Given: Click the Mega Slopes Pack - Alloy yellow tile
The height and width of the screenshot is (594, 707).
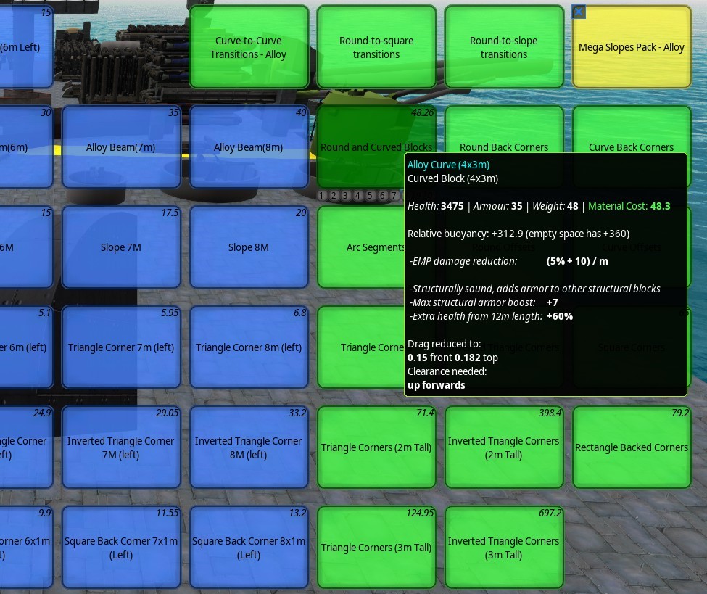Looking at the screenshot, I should point(631,47).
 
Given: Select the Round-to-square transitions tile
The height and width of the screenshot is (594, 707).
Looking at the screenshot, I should point(376,47).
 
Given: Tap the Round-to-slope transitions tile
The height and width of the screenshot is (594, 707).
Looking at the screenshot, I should point(504,47).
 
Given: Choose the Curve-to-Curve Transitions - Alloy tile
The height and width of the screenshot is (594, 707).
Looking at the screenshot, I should point(249,47).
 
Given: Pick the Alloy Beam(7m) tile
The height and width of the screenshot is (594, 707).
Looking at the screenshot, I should point(121,147).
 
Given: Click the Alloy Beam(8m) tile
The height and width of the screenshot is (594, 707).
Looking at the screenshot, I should point(249,147).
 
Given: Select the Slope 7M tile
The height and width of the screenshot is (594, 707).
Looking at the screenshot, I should point(121,247).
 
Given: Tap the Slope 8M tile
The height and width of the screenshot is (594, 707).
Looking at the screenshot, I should point(249,247).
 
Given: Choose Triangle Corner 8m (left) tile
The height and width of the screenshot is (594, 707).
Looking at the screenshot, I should point(249,347).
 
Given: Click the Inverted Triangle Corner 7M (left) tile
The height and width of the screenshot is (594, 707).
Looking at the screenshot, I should point(121,447).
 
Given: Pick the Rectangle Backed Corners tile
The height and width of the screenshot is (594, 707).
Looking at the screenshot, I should point(631,447).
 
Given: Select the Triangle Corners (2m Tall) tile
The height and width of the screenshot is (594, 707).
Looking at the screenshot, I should point(376,447).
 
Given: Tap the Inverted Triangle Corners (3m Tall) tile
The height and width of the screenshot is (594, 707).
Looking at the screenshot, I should point(504,548).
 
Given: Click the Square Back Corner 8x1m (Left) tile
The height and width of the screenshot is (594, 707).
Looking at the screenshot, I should point(249,548).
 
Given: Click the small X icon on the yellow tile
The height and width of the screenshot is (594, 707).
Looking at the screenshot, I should point(579,12).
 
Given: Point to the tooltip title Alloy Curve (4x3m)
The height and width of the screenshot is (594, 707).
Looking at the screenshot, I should point(448,165).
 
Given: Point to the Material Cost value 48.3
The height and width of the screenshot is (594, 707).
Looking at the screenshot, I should point(659,206).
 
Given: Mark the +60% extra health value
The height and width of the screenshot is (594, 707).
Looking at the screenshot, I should point(560,316).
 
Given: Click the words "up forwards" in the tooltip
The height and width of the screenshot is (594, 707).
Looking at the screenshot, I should point(437,385).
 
